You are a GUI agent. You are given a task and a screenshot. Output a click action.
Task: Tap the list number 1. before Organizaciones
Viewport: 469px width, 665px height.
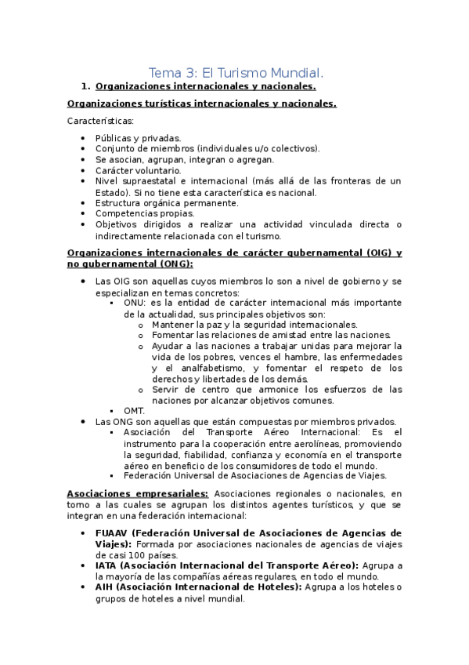(x=86, y=85)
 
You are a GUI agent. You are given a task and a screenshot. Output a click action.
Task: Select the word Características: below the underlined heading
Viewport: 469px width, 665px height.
(x=100, y=121)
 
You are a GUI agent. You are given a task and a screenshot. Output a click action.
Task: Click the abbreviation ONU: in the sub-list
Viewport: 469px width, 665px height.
(x=135, y=303)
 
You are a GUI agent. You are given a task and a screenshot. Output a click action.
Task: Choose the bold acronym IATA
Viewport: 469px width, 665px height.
(x=107, y=565)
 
